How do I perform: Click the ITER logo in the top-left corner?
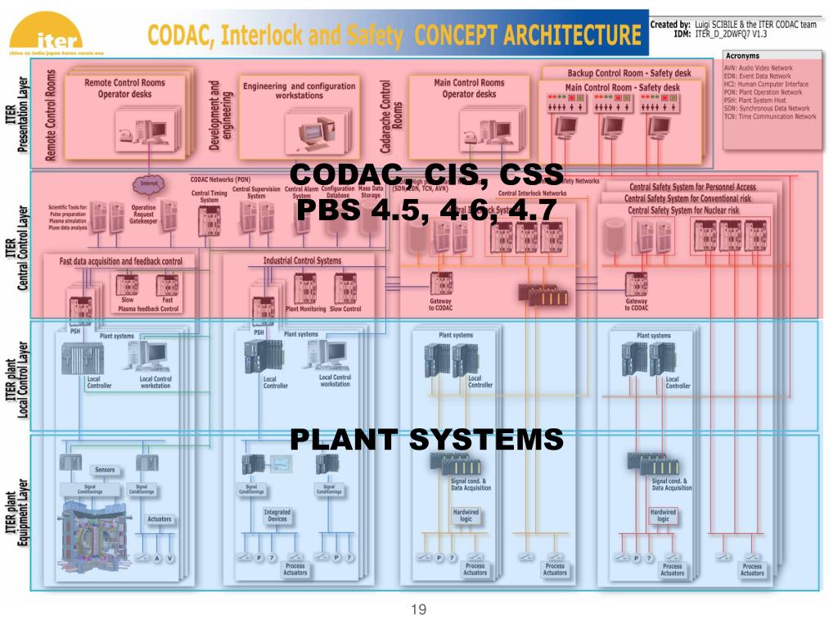(57, 37)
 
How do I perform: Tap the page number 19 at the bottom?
(419, 609)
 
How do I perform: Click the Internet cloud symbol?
(148, 184)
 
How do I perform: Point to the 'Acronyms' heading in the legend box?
(743, 56)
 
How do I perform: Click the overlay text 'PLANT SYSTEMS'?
(426, 440)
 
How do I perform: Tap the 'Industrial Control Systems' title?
(302, 261)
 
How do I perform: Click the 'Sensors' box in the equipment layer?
(105, 470)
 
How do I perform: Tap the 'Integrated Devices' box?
(277, 515)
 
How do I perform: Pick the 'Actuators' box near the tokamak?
(159, 519)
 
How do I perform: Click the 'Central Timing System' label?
(209, 195)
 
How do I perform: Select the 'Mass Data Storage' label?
(371, 192)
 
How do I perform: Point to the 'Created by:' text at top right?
(669, 25)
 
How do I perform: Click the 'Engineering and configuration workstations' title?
(300, 91)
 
